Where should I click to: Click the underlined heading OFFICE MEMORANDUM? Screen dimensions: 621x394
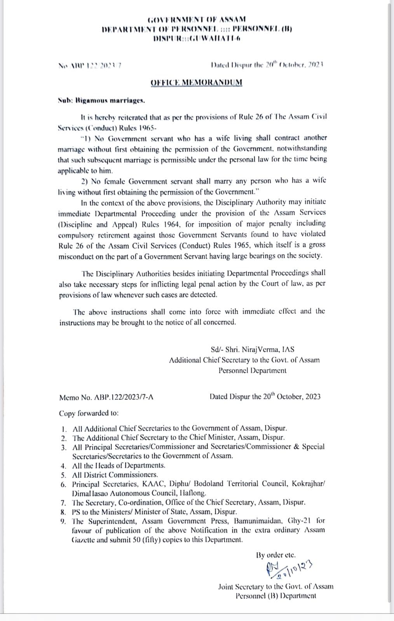196,82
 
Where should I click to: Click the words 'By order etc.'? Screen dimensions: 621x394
276,555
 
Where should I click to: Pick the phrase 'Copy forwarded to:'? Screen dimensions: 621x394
89,413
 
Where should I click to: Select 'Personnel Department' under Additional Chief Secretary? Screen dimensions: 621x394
252,370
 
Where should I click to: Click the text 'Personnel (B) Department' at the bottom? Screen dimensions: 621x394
275,596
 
